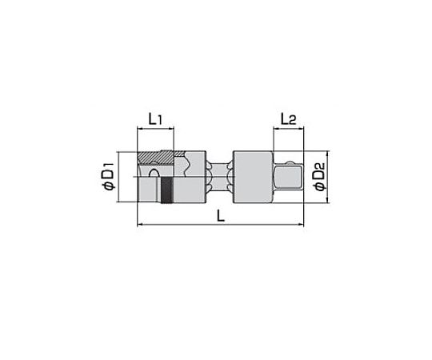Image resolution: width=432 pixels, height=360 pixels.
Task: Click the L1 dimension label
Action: pos(155,119)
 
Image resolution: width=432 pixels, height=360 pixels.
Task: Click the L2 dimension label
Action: pos(288,119)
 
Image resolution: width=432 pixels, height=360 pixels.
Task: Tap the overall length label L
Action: pos(221,215)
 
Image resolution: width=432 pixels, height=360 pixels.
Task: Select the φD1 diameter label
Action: pos(108,177)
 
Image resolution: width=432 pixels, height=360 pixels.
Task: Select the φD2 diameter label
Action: pos(319,177)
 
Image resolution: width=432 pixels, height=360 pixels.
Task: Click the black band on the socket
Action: pos(167,190)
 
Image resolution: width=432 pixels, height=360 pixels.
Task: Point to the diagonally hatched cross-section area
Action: pos(156,158)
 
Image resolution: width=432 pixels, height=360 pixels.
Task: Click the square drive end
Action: pos(288,177)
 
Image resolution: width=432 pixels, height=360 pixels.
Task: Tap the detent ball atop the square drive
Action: pos(289,162)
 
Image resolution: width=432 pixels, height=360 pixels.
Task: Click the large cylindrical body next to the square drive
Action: pos(253,177)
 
